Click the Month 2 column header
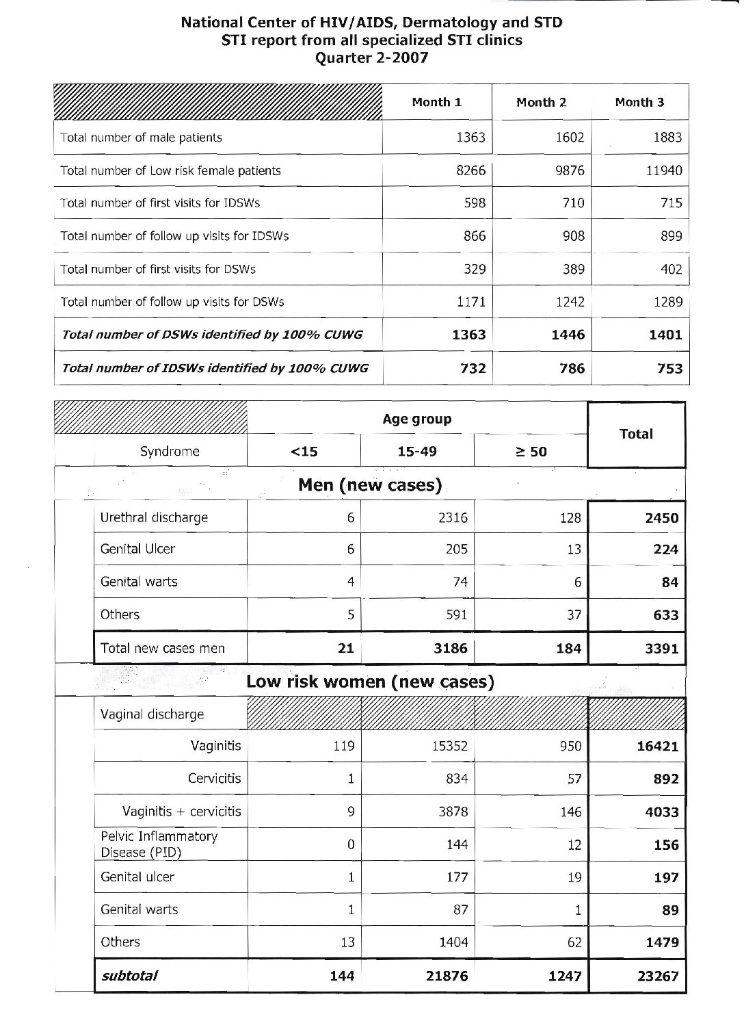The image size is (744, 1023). tap(541, 103)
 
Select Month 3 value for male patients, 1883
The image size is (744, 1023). tap(667, 138)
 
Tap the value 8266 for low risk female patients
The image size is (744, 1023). tap(470, 170)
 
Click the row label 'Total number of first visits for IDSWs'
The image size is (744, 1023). tap(160, 203)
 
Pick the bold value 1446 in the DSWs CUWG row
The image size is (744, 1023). tap(568, 335)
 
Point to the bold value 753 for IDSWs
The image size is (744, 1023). tap(669, 368)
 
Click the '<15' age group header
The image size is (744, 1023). tap(304, 452)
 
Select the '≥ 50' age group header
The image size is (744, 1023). tap(530, 452)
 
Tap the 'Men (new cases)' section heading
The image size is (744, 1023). tap(370, 485)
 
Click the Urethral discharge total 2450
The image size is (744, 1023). tap(661, 518)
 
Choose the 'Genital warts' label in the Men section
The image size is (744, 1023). tap(139, 582)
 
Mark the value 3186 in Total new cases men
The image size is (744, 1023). tap(451, 648)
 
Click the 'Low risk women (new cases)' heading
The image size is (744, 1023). tap(370, 682)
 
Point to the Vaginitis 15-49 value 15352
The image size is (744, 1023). tap(449, 746)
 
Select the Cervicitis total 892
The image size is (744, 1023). tap(665, 779)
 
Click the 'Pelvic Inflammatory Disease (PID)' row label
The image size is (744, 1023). tap(159, 844)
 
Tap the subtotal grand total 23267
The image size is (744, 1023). tap(658, 976)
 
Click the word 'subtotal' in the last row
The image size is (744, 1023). tap(129, 976)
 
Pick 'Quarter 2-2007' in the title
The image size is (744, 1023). tap(371, 57)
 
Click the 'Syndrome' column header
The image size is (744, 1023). tap(170, 452)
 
